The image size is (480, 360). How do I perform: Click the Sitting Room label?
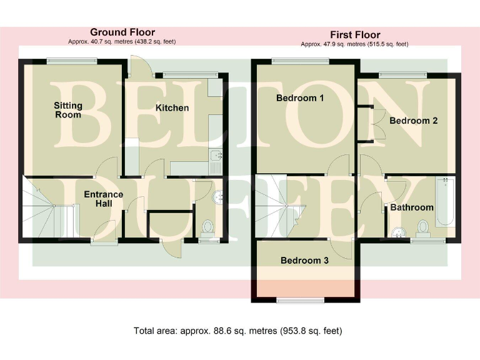point(67,110)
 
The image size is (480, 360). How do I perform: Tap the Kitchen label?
point(172,107)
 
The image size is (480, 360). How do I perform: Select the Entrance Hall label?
point(103,199)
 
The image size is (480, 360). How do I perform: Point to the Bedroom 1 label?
point(300,98)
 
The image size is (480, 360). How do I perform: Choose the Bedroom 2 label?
point(413,121)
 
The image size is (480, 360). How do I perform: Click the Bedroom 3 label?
point(304,261)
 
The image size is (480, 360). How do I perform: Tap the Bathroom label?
point(412,207)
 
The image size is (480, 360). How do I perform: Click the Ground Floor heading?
point(122,32)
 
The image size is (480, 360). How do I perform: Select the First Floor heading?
point(355,34)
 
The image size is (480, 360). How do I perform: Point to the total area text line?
point(238,331)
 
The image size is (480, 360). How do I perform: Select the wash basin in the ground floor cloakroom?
point(219,198)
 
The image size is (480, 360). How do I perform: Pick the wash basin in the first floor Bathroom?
point(397,233)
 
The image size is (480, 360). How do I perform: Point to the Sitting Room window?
point(71,60)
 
